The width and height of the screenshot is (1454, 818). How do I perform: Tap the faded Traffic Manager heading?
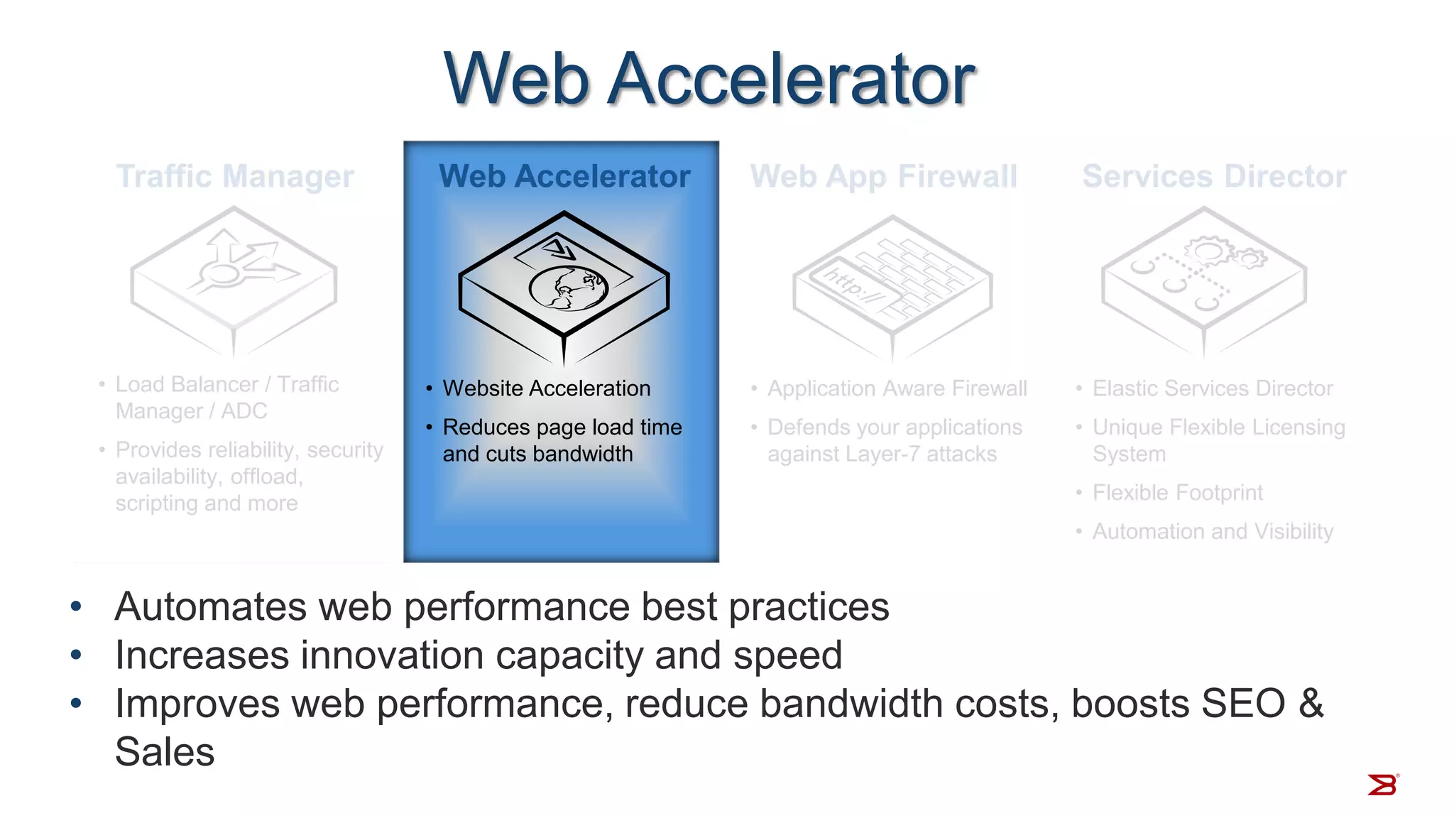pos(235,176)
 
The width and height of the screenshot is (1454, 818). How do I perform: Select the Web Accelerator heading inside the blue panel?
pos(564,176)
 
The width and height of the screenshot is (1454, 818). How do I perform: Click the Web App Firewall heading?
pos(884,176)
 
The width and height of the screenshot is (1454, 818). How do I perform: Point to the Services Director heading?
pos(1214,176)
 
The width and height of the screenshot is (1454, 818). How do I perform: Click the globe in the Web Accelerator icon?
pos(569,288)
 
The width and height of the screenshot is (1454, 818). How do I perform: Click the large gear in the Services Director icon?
pos(1206,251)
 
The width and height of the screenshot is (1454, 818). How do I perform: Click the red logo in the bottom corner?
pos(1382,785)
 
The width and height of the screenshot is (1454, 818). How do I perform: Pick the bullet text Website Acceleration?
pos(546,388)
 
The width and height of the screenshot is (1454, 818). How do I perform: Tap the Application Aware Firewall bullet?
pos(897,388)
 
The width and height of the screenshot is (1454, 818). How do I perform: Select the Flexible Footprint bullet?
pos(1177,493)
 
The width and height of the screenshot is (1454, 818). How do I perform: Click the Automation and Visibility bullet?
pos(1213,531)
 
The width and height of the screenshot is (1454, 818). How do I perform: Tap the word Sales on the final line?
pos(165,752)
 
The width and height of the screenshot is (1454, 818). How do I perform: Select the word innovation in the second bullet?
pos(392,655)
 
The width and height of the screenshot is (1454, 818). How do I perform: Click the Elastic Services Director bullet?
pos(1212,388)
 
